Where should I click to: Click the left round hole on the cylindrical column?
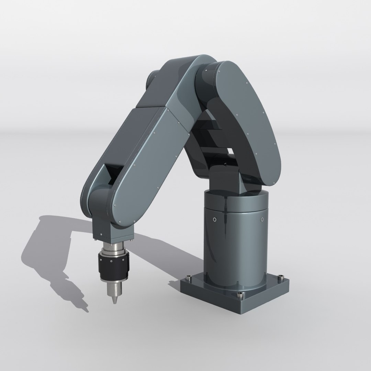(x=215, y=219)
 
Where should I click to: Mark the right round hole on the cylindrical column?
(x=262, y=219)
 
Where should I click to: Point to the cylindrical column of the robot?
(x=236, y=240)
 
